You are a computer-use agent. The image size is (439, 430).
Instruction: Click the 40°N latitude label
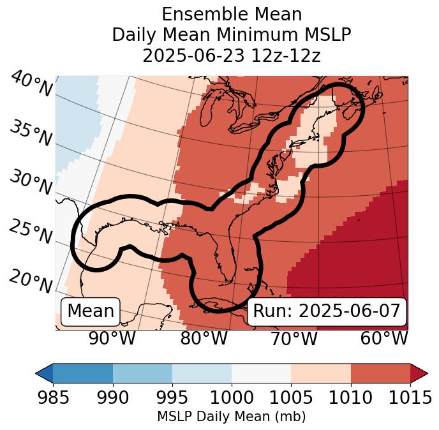(31, 84)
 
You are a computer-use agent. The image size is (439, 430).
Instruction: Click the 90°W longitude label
(112, 339)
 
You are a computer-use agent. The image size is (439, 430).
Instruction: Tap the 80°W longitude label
(204, 339)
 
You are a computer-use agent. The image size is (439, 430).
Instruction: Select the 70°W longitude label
(294, 339)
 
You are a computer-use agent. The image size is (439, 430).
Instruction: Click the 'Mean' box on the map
(91, 311)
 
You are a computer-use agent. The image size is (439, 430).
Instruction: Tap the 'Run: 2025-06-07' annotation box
(327, 311)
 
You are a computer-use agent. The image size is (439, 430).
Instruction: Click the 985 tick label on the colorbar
(53, 398)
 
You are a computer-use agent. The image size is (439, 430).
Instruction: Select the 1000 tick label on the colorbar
(232, 398)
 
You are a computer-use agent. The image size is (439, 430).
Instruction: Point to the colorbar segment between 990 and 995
(142, 373)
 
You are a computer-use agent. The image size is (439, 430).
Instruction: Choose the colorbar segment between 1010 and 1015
(380, 373)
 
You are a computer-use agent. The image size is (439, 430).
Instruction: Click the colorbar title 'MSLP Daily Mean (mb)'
(231, 417)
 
